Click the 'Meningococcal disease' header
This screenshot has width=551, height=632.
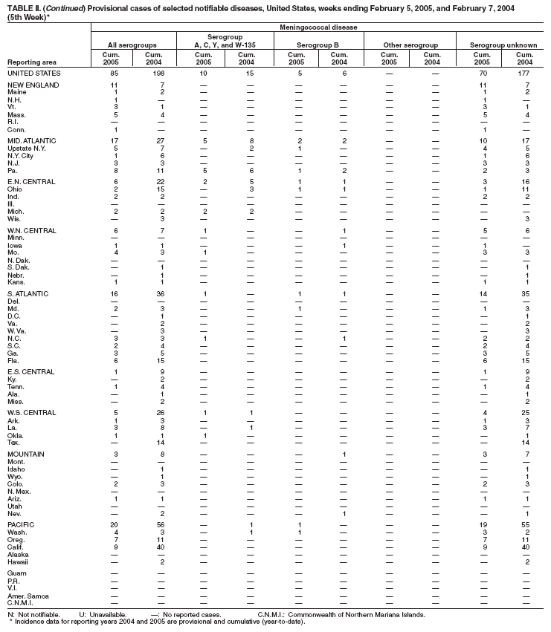click(x=319, y=27)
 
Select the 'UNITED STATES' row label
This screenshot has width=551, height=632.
click(x=34, y=74)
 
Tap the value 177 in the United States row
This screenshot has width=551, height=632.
click(x=523, y=74)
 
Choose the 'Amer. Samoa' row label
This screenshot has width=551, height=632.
click(x=30, y=595)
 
